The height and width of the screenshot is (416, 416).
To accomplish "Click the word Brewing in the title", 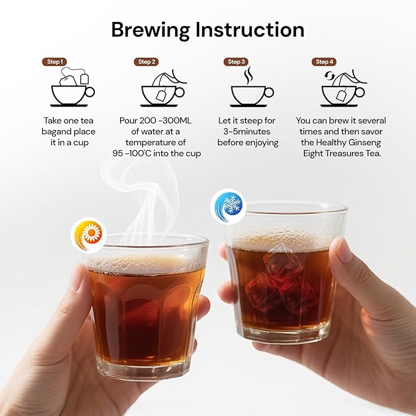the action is pyautogui.click(x=151, y=31).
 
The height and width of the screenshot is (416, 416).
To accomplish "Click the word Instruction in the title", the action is pyautogui.click(x=250, y=29).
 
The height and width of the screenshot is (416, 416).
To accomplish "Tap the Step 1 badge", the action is pyautogui.click(x=55, y=62).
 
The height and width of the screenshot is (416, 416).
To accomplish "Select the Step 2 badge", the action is pyautogui.click(x=146, y=62).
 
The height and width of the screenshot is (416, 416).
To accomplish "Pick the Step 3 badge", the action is pyautogui.click(x=236, y=62).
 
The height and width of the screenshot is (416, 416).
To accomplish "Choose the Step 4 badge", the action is pyautogui.click(x=324, y=62).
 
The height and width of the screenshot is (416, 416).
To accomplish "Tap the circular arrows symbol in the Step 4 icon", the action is pyautogui.click(x=329, y=75).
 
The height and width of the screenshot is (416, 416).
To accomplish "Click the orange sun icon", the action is pyautogui.click(x=89, y=235).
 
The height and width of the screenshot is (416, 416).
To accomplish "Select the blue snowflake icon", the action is pyautogui.click(x=229, y=206).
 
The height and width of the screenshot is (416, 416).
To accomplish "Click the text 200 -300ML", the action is pyautogui.click(x=165, y=121).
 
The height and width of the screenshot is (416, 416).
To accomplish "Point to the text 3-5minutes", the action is pyautogui.click(x=247, y=132).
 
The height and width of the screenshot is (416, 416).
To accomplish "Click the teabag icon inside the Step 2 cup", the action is pyautogui.click(x=161, y=95).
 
